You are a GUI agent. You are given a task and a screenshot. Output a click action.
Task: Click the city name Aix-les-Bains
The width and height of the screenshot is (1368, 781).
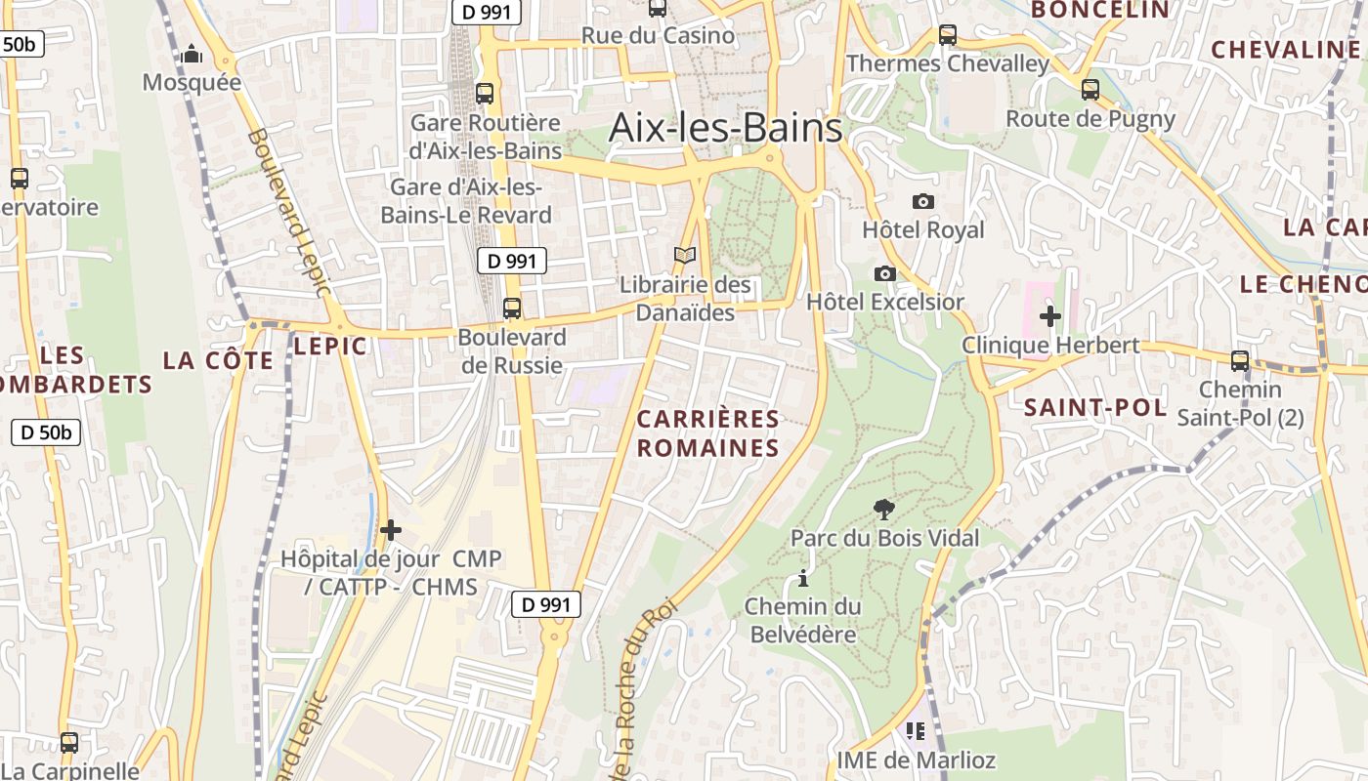coord(725,128)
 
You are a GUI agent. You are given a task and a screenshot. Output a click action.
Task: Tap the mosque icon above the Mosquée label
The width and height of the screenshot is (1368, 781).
coord(192,53)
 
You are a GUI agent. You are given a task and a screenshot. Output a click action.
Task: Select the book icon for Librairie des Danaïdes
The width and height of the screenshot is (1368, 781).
coord(686,256)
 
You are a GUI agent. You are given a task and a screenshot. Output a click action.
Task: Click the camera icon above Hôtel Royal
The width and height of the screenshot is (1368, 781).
coord(922,201)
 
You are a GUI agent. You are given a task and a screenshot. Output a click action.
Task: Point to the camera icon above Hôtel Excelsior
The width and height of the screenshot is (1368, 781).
coord(884,273)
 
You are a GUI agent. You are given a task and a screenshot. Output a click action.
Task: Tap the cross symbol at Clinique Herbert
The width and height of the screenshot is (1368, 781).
coord(1050,316)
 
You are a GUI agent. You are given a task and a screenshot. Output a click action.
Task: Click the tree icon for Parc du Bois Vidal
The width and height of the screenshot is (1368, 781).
coord(884,509)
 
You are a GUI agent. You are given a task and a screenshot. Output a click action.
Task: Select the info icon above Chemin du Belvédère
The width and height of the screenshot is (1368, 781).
coord(803,578)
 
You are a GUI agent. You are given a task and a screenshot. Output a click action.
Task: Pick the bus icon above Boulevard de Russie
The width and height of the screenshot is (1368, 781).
coord(512,308)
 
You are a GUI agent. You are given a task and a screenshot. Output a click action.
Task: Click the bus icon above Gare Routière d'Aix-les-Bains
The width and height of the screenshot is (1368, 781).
coord(485,94)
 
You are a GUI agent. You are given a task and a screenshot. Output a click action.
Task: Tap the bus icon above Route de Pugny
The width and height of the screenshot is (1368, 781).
coord(1090,90)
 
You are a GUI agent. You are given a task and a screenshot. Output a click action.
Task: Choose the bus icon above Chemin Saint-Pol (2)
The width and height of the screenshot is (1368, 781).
coord(1240,361)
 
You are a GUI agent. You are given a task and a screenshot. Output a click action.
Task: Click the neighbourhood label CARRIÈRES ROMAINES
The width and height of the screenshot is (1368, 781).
coord(708,433)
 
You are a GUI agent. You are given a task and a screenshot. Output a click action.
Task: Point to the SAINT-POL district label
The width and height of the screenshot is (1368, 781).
coord(1095,408)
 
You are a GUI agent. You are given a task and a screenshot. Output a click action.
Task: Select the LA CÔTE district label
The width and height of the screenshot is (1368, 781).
coord(219,360)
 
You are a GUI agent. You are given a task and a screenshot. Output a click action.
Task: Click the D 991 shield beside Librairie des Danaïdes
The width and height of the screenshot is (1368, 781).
coord(512,261)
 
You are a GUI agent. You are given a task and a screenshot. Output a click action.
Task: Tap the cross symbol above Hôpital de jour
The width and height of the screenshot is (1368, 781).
coord(391,530)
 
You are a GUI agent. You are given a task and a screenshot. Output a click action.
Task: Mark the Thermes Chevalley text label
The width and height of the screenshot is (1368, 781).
coord(948,64)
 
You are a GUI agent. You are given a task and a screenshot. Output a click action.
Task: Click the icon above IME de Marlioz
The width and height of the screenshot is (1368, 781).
coord(916,730)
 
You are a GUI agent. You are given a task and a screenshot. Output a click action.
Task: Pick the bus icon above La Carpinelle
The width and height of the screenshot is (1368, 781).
coord(69,743)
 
